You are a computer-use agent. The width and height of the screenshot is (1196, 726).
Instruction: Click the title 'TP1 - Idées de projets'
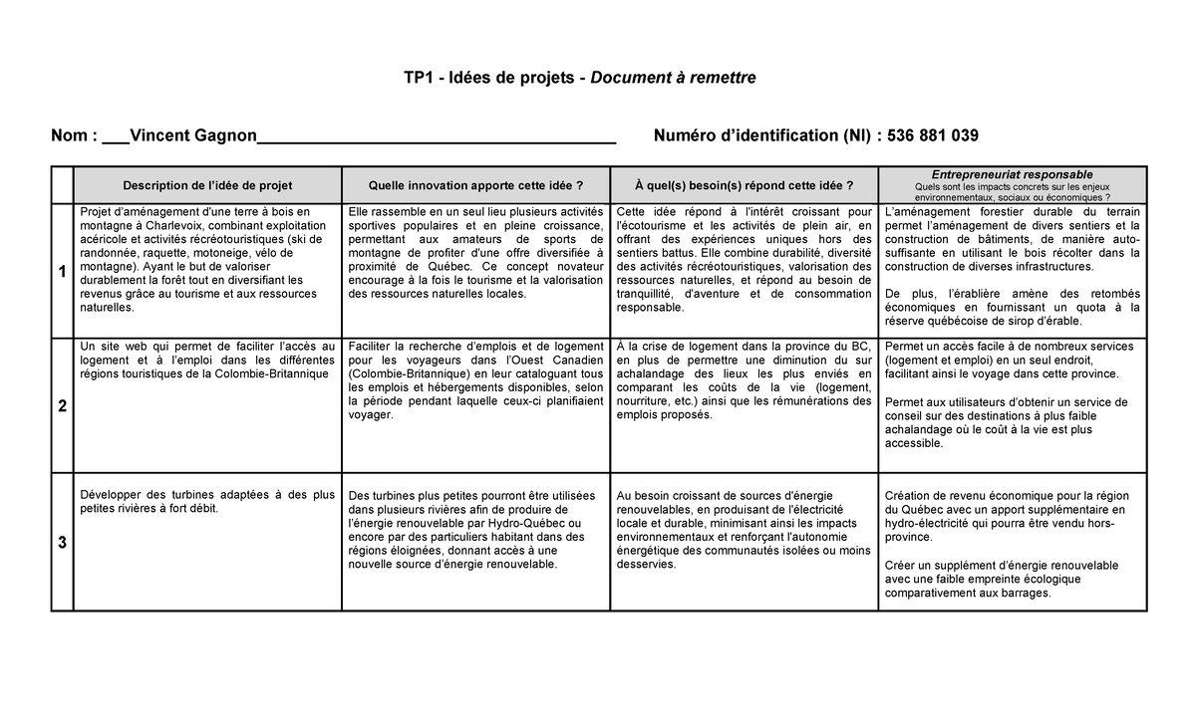pyautogui.click(x=488, y=78)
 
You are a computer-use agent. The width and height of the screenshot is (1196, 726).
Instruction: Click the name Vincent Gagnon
pyautogui.click(x=193, y=135)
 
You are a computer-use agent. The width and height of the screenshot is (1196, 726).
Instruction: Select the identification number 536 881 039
pyautogui.click(x=932, y=135)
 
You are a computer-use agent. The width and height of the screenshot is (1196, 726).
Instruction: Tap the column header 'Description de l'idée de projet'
pyautogui.click(x=207, y=185)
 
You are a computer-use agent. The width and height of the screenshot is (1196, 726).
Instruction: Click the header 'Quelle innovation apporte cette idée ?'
pyautogui.click(x=475, y=185)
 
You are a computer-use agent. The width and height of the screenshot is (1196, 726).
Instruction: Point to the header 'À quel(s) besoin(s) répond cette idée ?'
pyautogui.click(x=744, y=185)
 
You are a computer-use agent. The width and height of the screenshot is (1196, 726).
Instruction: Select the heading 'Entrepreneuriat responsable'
pyautogui.click(x=1012, y=174)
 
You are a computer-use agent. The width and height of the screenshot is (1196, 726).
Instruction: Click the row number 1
pyautogui.click(x=62, y=271)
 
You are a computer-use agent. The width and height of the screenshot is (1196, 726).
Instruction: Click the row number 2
pyautogui.click(x=62, y=406)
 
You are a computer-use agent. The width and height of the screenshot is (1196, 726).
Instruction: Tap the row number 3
pyautogui.click(x=62, y=543)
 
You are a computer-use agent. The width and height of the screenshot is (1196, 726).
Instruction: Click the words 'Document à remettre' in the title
pyautogui.click(x=674, y=78)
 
